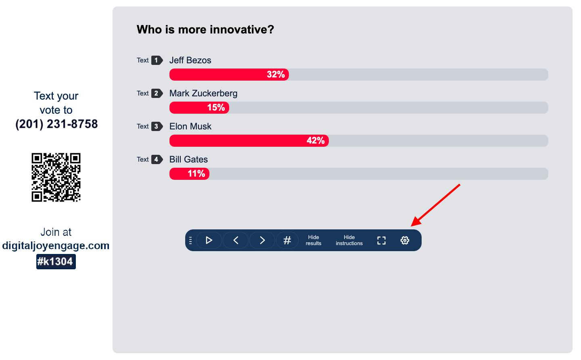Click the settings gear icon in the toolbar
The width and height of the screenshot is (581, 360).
tap(405, 240)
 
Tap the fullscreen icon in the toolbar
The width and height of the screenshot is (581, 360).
tap(381, 240)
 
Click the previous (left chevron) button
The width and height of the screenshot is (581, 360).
tap(236, 240)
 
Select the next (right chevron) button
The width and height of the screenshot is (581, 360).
tap(262, 240)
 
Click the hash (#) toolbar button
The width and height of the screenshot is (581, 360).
tap(287, 240)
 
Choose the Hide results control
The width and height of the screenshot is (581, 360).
tap(313, 240)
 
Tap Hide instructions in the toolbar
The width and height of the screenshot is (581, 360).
tap(349, 240)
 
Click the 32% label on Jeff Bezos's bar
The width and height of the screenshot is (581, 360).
tap(276, 75)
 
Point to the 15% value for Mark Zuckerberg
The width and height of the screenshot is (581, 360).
tap(216, 107)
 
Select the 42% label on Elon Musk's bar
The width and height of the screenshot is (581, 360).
tap(316, 140)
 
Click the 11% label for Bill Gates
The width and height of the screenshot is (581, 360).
tap(196, 173)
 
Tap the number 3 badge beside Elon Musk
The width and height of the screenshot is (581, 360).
tap(157, 126)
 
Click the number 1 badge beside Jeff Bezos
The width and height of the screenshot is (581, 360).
tap(157, 60)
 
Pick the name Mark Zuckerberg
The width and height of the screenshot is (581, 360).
tap(203, 93)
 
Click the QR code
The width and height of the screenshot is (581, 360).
tap(56, 177)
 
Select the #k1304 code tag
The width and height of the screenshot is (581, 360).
tap(56, 262)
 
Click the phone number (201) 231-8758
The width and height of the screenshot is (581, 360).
tap(56, 124)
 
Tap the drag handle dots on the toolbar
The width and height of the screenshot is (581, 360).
tap(190, 240)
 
